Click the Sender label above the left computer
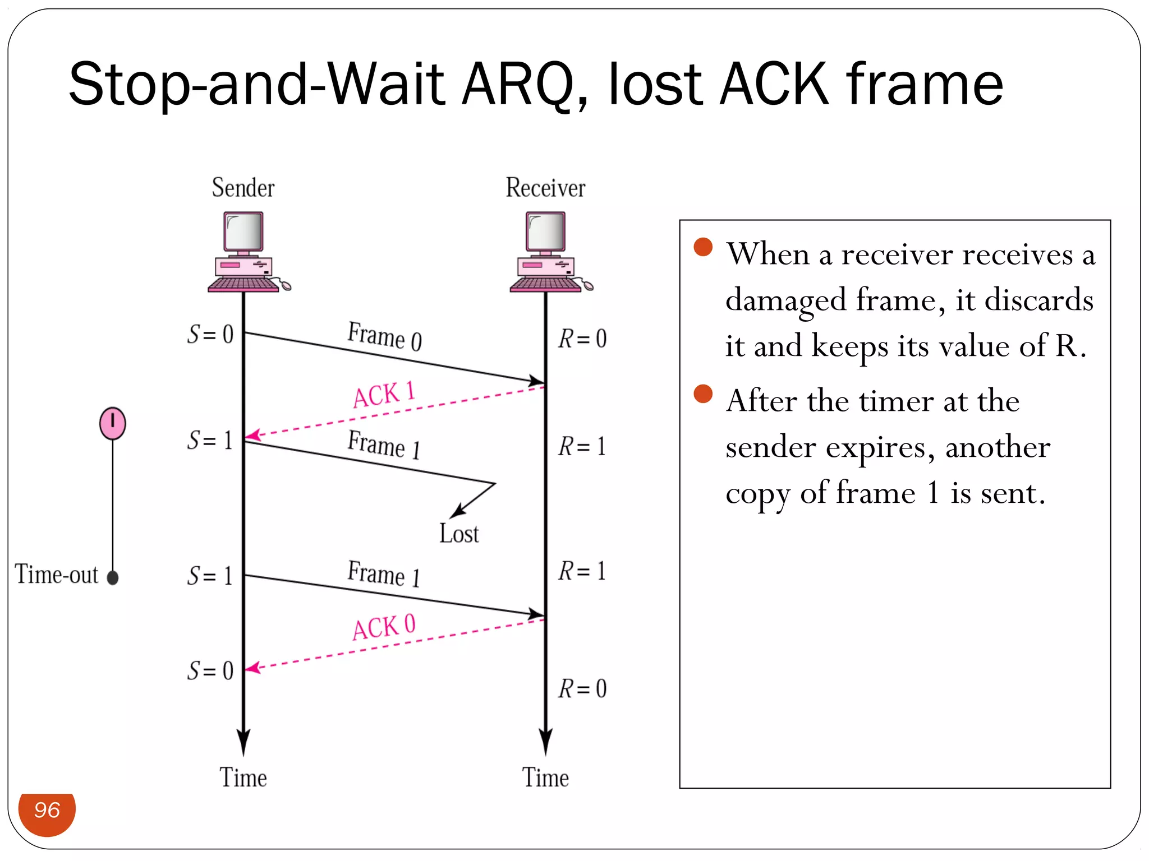coord(243,188)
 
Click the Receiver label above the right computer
coord(545,188)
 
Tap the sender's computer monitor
coord(243,232)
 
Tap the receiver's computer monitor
coord(545,232)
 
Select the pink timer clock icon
coord(113,423)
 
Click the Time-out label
coord(56,575)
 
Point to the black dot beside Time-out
coord(113,577)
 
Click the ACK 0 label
coord(384,627)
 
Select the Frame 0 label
coord(385,336)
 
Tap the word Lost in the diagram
coord(459,534)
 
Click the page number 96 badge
coord(47,811)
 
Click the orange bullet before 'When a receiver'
coord(703,247)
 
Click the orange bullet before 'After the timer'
coord(703,394)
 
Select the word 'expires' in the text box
coord(880,447)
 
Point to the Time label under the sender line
coord(243,778)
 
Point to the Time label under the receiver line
coord(545,778)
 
